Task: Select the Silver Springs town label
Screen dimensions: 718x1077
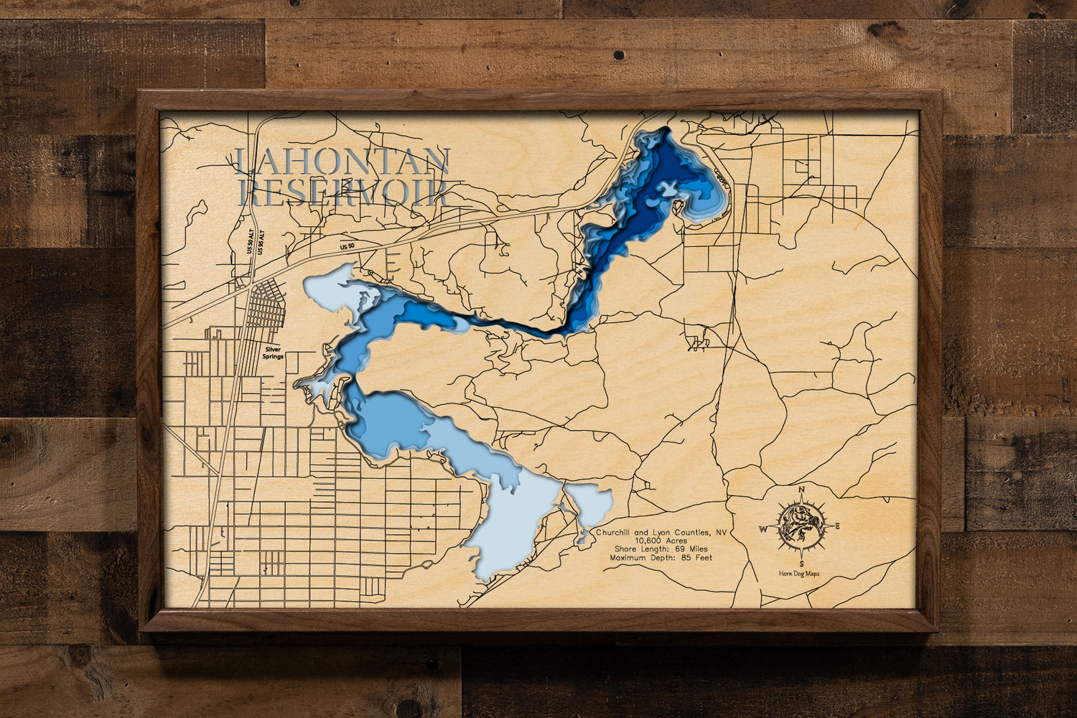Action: pos(273,353)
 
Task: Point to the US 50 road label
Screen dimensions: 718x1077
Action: pos(348,246)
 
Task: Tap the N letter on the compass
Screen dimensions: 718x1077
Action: pos(801,490)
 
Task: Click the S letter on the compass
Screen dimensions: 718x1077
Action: pos(801,564)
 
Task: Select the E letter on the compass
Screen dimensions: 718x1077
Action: pos(837,527)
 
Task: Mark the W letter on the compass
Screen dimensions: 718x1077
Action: pos(764,530)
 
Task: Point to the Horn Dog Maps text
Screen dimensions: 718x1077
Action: pos(800,574)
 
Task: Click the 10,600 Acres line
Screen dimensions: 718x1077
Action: pos(661,541)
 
